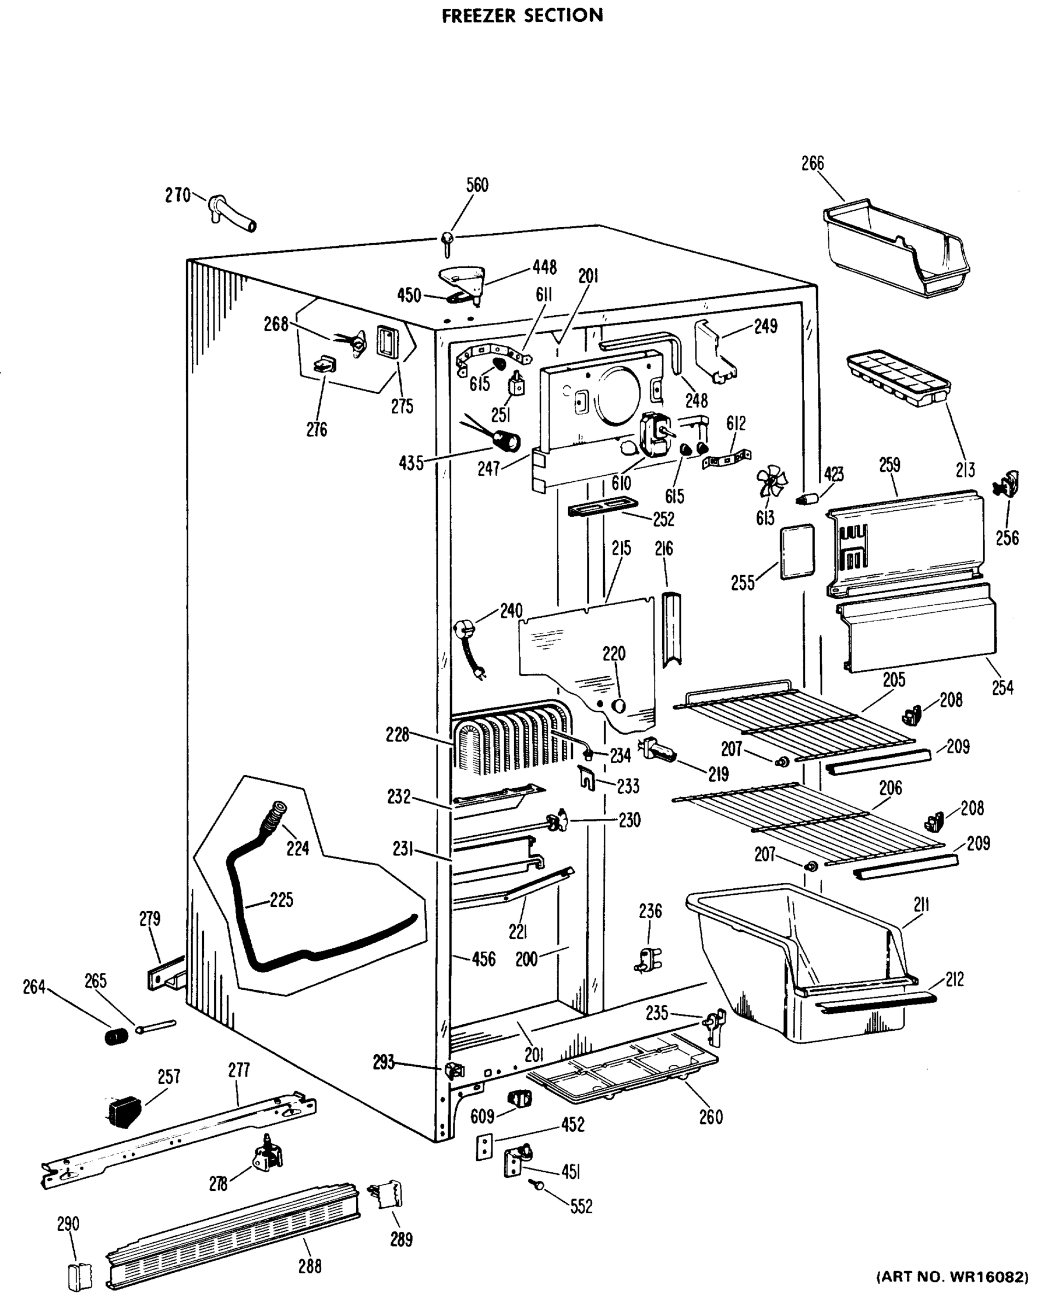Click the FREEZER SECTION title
tap(522, 16)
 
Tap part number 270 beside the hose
tap(177, 195)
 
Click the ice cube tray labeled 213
tap(897, 377)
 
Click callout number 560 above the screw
tap(477, 185)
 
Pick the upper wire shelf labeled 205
tap(797, 718)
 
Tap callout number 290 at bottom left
tap(68, 1224)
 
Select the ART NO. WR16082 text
tap(952, 1294)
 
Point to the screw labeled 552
tap(538, 1184)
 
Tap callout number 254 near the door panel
tap(1002, 687)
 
